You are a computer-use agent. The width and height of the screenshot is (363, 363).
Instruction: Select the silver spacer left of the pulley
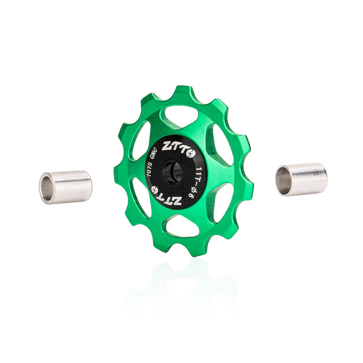[x=66, y=187]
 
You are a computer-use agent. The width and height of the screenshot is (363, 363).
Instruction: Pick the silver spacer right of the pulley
[x=301, y=179]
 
